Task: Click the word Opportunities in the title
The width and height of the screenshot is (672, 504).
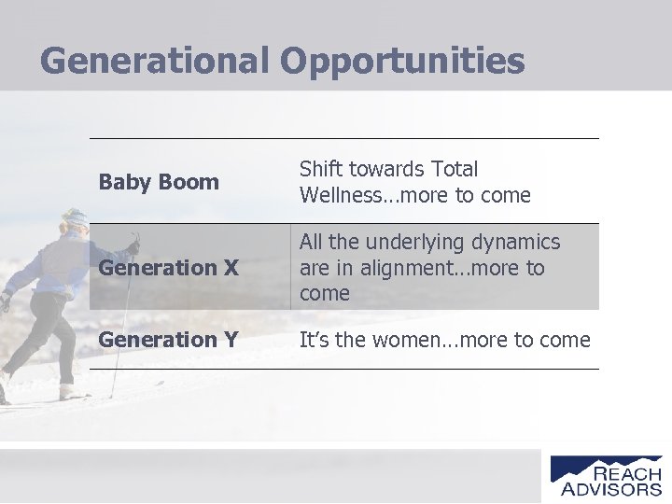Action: [x=401, y=62]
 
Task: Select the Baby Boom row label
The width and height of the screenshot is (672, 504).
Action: [x=159, y=182]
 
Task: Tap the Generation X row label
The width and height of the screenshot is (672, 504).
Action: [x=168, y=268]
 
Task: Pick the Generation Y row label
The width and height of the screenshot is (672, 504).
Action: [x=168, y=340]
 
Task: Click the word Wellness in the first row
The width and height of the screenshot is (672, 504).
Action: [x=343, y=196]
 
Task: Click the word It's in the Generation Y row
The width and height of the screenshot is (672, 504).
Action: [x=314, y=341]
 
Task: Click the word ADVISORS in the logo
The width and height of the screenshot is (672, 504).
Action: [x=611, y=488]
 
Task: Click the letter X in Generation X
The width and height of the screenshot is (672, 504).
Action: [x=230, y=268]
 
